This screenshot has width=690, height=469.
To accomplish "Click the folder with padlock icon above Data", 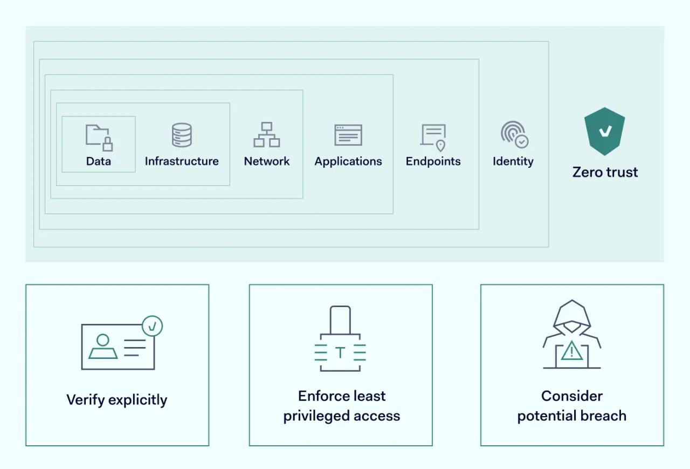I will pos(99,137).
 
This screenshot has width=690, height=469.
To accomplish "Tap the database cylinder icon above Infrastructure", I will pos(182,135).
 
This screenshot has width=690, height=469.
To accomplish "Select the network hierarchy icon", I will pos(267,135).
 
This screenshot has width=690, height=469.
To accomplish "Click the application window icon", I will pos(348,135).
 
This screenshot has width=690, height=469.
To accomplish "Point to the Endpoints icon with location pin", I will pos(433,137).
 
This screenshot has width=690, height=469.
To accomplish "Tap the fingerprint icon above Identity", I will pos(514,134).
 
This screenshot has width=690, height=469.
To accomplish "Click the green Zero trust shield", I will pos(605,131).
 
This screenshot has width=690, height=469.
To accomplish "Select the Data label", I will pos(99,161).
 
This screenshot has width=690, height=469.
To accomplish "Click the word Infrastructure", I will pos(182,161).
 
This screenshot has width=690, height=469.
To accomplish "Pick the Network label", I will pos(267,161).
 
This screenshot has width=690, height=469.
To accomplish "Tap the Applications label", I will pos(348,161).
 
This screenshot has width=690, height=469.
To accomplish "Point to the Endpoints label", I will pos(433,161).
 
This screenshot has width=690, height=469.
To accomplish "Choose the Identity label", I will pos(513,161).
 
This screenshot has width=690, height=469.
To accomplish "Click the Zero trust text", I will pos(605,172).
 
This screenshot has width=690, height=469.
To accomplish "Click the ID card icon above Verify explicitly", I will pos(118,346).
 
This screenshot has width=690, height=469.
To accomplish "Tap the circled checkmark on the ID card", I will pos(153,327).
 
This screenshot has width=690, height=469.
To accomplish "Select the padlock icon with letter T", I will pos(340,339).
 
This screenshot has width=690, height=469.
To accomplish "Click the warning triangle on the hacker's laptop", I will pos(571,352).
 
